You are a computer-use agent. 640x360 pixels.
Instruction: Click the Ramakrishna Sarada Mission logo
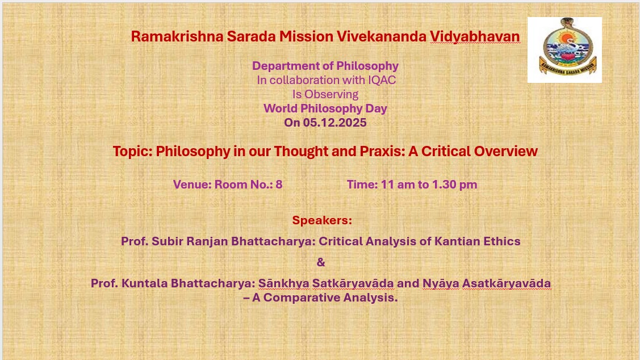point(564,50)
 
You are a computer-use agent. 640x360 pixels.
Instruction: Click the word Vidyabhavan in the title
point(475,37)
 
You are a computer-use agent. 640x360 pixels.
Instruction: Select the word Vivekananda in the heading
point(382,36)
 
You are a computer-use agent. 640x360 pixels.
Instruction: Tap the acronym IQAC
point(382,80)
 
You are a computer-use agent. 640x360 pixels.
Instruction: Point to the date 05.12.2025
point(334,123)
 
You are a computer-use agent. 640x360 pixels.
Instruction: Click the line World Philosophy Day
point(325,108)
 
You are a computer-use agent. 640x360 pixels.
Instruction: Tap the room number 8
point(279,185)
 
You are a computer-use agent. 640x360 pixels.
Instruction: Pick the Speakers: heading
point(322,220)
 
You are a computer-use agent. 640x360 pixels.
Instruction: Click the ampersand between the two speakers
point(321,262)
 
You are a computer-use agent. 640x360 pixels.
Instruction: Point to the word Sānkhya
point(284,284)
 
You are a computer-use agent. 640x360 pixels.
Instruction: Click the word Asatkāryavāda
point(507,283)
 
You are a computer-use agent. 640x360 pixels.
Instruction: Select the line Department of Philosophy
point(325,66)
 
